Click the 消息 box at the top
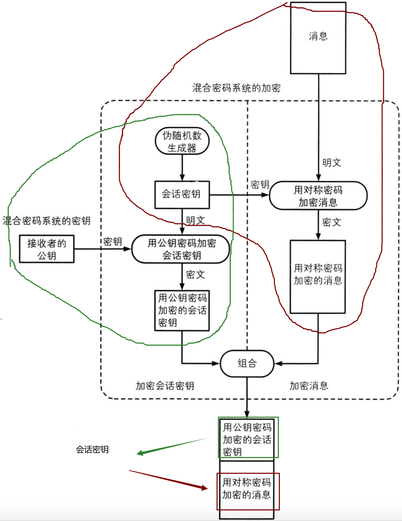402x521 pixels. [x=318, y=38]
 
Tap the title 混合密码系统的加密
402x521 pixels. [x=236, y=88]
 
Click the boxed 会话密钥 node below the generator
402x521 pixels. [x=182, y=194]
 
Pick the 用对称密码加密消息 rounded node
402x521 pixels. [x=318, y=196]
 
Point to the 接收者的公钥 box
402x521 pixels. [x=47, y=249]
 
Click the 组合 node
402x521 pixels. [x=247, y=363]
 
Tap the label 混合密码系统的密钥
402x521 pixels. [x=47, y=221]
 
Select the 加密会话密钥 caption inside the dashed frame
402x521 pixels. [x=165, y=386]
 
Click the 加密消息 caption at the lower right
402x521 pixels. [x=309, y=386]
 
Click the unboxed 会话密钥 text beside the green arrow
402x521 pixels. [x=92, y=450]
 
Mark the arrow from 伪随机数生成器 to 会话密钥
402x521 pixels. [x=182, y=168]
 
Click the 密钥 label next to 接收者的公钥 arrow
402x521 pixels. [x=113, y=242]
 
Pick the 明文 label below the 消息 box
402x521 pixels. [x=332, y=163]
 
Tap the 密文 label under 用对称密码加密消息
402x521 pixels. [x=332, y=222]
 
